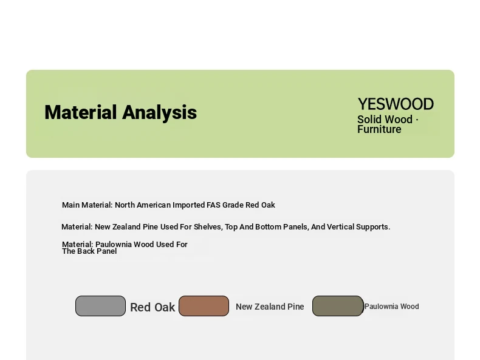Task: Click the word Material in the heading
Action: [81, 112]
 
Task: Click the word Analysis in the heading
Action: [159, 113]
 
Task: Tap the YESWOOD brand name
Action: [396, 104]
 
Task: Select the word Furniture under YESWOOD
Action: [379, 129]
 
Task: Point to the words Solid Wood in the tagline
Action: [385, 119]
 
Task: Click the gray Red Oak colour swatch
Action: [100, 306]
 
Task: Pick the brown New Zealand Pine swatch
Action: [204, 306]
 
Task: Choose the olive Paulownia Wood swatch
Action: [338, 306]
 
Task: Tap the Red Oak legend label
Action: [153, 307]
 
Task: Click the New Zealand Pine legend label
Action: [270, 307]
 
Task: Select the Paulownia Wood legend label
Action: [392, 307]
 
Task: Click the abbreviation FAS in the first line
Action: [213, 205]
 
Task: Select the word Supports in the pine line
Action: [373, 227]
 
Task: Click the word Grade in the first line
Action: [233, 205]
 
